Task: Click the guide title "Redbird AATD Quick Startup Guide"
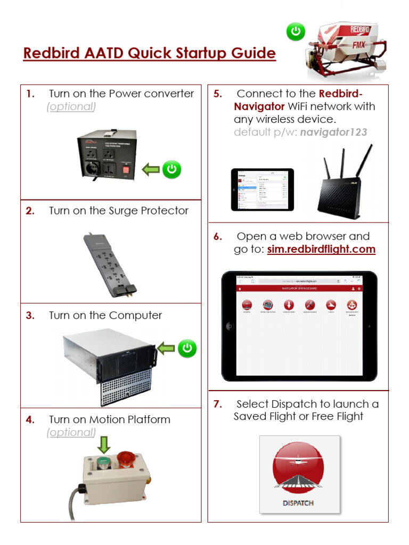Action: [x=149, y=54]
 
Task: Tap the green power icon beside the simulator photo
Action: [x=296, y=32]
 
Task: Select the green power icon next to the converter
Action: [x=171, y=170]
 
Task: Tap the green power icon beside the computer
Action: [x=187, y=349]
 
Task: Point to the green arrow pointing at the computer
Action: [x=166, y=349]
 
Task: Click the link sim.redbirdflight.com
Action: [x=321, y=249]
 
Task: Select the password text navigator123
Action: [x=333, y=132]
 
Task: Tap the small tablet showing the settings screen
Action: [x=262, y=189]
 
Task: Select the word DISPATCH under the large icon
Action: [x=298, y=503]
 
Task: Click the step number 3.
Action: [x=30, y=316]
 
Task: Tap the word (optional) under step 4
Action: [x=71, y=433]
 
